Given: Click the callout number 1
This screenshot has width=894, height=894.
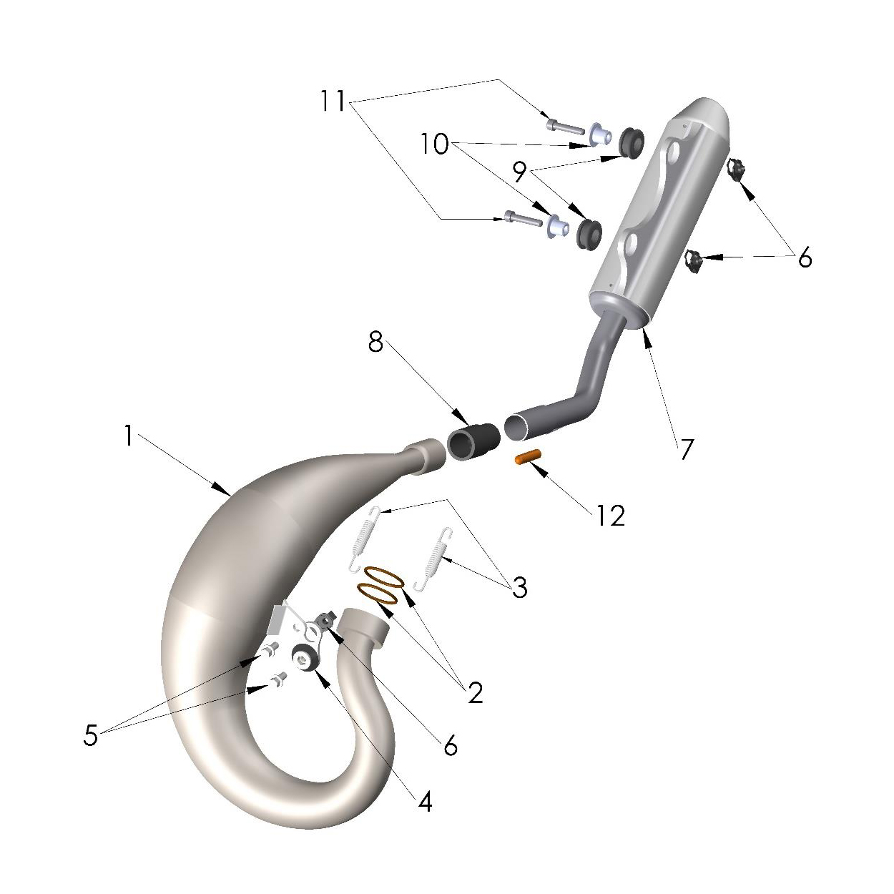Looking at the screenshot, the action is point(129,436).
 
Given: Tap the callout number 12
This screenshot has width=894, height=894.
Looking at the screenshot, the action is point(611,516).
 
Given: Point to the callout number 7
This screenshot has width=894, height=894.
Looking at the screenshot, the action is point(687,449).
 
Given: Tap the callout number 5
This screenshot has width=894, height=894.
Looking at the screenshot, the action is point(91,735).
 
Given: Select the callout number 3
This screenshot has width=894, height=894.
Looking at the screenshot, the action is point(520,588).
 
